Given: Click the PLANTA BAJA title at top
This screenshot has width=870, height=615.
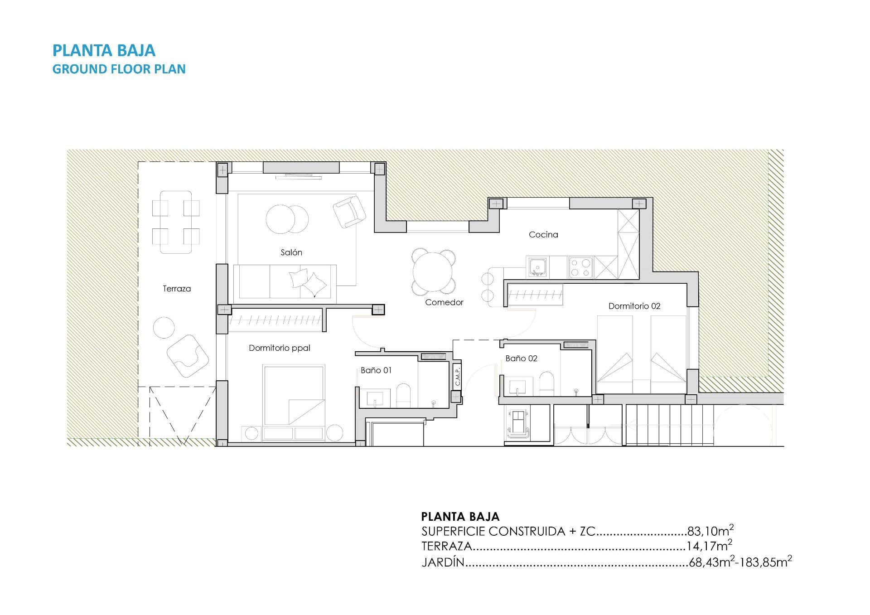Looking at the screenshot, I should coord(104,50).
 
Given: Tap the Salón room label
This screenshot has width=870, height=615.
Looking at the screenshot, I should coord(291,252).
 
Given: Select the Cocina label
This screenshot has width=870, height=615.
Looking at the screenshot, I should coord(543,234).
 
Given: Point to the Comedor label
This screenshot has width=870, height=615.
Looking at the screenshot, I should coord(444,302).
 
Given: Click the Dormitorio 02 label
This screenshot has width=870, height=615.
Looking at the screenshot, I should coord(634,306).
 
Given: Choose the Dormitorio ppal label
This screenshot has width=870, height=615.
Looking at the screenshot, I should coord(279,348).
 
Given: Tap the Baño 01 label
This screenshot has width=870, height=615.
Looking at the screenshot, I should coord(376,370).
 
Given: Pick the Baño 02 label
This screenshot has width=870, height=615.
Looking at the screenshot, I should coord(521,358).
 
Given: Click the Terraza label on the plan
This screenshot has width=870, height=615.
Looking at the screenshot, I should coord(177,289).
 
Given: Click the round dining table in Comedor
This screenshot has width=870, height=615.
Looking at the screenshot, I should coord(433,272).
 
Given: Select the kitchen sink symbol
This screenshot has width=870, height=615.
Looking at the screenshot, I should coord(537,267).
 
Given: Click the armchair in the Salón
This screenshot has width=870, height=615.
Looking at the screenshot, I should coord(349,211).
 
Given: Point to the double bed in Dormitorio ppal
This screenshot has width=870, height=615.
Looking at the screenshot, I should coord(294,402).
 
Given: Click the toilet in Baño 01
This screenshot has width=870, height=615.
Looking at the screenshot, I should coord(403,396).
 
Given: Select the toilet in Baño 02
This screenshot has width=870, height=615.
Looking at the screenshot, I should coord(547,384).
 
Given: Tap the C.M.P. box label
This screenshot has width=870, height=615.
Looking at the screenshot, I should coord(457,376).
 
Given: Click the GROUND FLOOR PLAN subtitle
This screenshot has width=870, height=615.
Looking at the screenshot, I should coord(119,69).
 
